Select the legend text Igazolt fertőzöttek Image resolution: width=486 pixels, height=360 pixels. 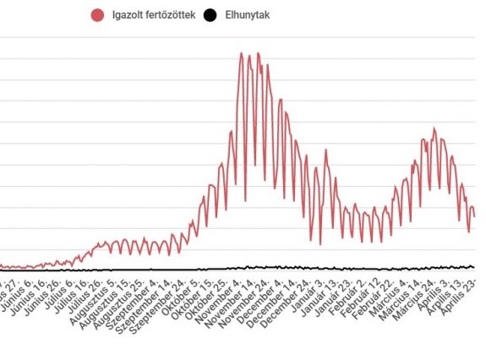point(151,14)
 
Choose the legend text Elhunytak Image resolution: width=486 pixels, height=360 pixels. point(247,14)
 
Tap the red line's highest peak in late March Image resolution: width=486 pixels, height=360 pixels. point(434,129)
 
